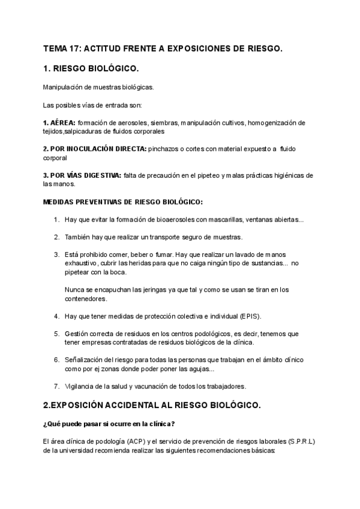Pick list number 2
tap(56, 237)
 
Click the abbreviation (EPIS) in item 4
tap(248, 316)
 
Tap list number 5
tap(56, 333)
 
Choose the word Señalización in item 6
tap(85, 359)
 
